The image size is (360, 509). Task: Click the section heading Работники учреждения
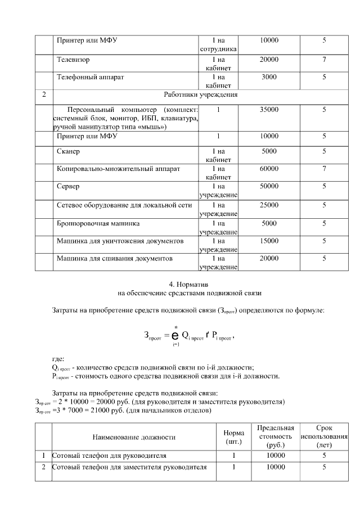[201, 94]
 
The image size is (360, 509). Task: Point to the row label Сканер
[69, 152]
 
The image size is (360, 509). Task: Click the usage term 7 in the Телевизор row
[324, 59]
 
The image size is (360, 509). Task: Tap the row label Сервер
[68, 186]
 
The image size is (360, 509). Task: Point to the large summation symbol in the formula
[175, 336]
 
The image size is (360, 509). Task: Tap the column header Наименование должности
[134, 436]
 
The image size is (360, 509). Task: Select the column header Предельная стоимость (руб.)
[276, 436]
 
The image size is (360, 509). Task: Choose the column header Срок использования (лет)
[324, 436]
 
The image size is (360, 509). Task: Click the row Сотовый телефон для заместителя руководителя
[129, 467]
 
